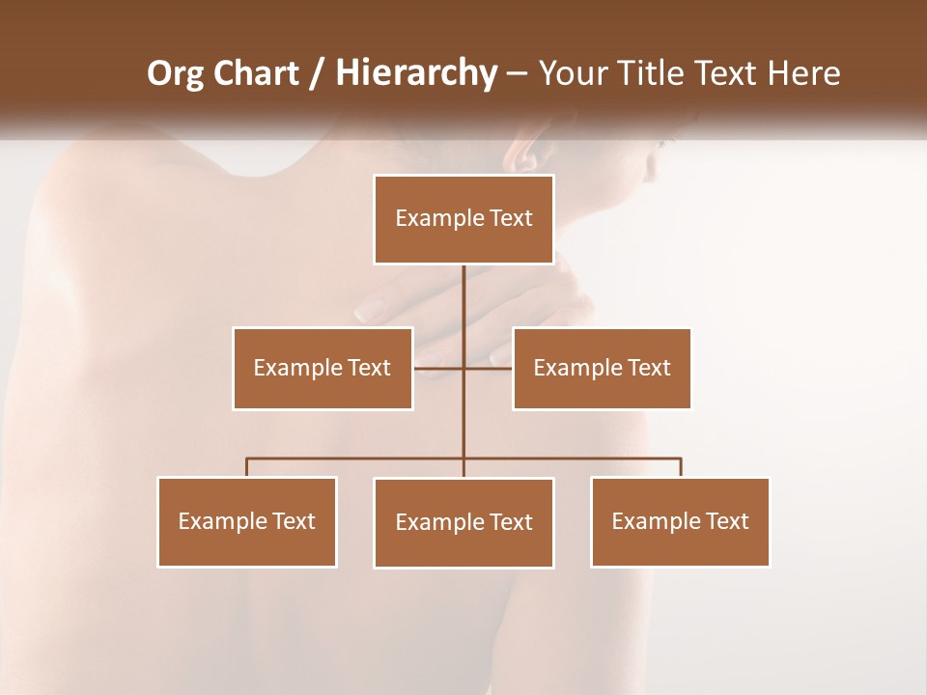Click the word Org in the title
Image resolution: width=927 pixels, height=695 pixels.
176,73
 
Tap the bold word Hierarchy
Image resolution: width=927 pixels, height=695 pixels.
415,73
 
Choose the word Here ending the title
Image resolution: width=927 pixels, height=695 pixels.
803,73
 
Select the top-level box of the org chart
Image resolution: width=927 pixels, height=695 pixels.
463,219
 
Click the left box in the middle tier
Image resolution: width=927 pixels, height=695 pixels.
323,368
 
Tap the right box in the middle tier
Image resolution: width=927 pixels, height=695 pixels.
602,368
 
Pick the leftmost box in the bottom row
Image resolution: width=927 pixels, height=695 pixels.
247,521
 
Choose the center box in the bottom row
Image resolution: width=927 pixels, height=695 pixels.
463,522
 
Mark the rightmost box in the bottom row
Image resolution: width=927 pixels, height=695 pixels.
680,521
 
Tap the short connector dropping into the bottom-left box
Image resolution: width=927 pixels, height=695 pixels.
247,467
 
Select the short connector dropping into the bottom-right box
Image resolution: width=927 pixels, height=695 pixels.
680,467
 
